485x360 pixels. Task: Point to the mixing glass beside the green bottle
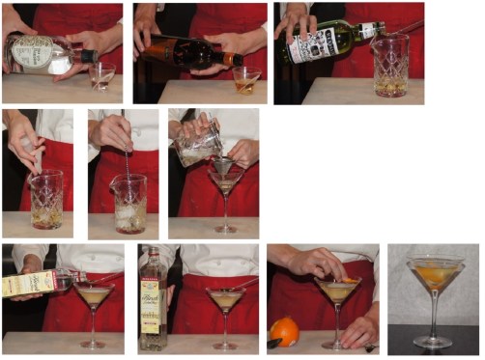point(389,66)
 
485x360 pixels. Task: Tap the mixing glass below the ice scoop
point(45,200)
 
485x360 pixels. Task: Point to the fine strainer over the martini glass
point(223,166)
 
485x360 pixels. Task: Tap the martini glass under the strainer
point(225,188)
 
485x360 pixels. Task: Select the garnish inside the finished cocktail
point(435,276)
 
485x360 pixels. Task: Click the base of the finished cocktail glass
point(434,341)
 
